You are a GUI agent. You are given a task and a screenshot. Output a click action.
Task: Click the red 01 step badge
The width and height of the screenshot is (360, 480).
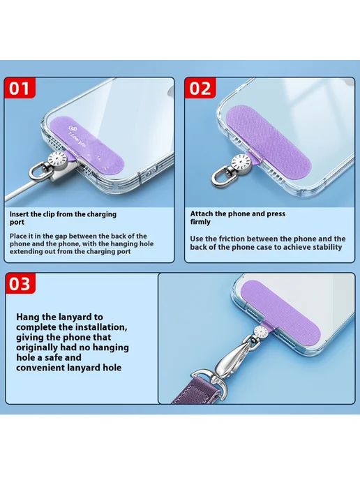pos(20,88)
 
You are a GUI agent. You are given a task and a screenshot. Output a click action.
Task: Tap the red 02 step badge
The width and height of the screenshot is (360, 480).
pos(200,88)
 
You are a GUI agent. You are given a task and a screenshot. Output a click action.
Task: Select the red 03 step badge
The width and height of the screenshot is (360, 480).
pos(20,283)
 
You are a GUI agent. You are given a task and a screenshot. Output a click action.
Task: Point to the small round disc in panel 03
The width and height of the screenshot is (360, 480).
pos(261,331)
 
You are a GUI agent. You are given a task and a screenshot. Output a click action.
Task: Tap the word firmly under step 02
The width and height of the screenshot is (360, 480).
pos(200,222)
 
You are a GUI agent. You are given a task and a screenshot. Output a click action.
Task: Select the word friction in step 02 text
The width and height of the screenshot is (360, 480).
pos(232,239)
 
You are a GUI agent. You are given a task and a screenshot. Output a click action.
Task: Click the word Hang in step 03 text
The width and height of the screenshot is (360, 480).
pos(27,317)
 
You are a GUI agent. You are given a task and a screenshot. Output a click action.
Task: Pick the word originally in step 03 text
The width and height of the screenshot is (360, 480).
pos(37,347)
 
